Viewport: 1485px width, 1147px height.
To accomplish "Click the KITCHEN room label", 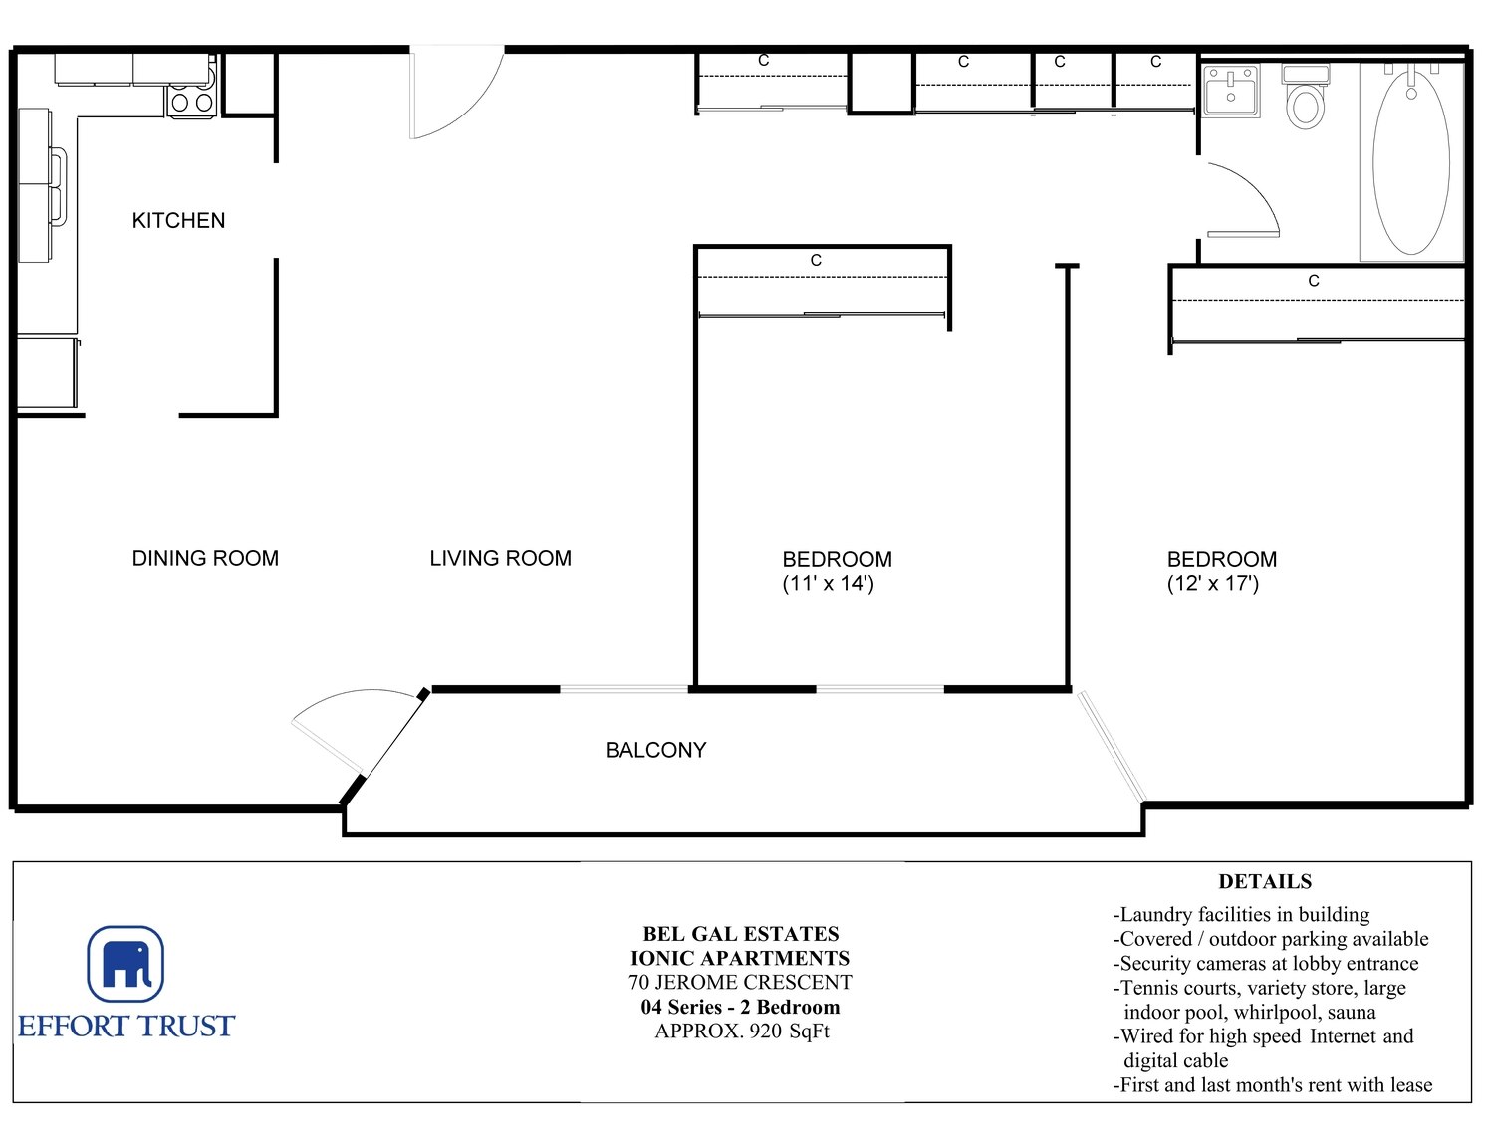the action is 178,221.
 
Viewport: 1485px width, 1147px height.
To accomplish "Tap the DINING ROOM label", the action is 205,559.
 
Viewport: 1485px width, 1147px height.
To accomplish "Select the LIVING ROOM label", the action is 500,559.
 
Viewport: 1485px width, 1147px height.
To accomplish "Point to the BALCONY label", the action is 655,750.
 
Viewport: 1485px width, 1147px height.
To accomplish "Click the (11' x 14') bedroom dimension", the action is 829,584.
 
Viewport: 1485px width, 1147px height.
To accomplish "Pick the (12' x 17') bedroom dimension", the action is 1213,584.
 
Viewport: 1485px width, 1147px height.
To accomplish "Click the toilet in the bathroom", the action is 1306,97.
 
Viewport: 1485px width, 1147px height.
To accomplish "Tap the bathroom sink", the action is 1231,92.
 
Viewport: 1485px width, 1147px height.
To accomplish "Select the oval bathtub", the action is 1411,161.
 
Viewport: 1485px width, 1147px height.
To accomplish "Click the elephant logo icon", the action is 125,963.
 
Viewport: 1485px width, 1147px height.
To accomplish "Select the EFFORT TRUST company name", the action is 126,1027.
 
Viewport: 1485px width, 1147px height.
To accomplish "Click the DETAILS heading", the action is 1265,881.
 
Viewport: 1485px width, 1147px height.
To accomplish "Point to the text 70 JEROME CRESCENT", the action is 740,983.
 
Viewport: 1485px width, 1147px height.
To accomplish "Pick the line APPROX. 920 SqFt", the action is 742,1031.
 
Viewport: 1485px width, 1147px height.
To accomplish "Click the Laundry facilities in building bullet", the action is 1241,915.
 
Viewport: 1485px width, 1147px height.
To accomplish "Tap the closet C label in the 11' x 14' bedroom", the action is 816,260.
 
